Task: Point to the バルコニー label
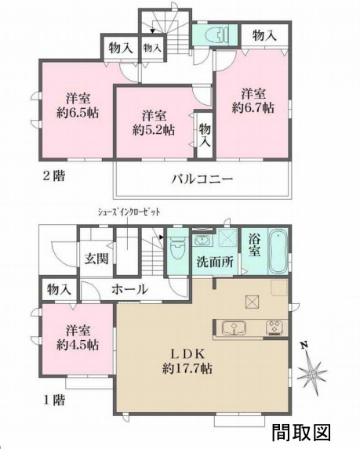202,179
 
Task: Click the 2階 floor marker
53,176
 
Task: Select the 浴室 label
255,245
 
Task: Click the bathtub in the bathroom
279,249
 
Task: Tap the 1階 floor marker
53,400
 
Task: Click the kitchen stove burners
275,328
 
